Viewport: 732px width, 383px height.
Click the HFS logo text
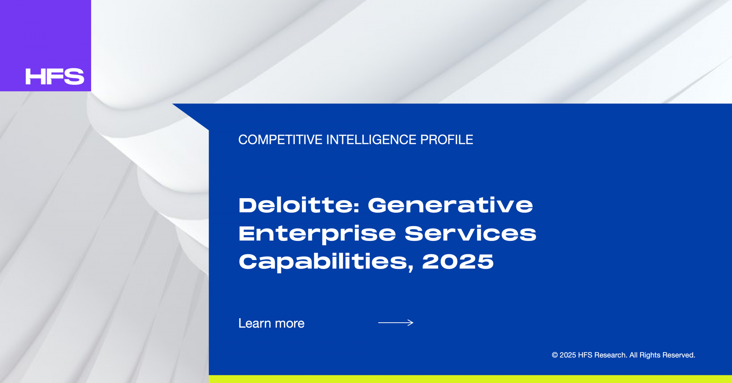(55, 76)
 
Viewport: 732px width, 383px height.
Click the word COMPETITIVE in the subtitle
(280, 140)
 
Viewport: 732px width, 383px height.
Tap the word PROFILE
(446, 140)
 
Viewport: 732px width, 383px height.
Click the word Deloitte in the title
(296, 205)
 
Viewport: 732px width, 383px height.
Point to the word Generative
(450, 205)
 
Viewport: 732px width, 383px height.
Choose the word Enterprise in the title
(317, 234)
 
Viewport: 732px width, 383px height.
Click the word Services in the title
(470, 233)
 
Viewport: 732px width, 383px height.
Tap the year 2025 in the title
(458, 262)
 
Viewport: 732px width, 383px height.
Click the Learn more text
(271, 323)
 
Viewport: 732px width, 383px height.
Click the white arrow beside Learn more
(396, 323)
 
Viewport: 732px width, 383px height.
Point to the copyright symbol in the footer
(555, 355)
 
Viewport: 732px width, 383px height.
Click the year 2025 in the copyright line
(568, 355)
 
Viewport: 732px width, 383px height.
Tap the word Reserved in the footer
(679, 355)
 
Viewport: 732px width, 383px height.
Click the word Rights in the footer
(650, 356)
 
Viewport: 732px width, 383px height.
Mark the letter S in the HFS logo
(75, 76)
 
